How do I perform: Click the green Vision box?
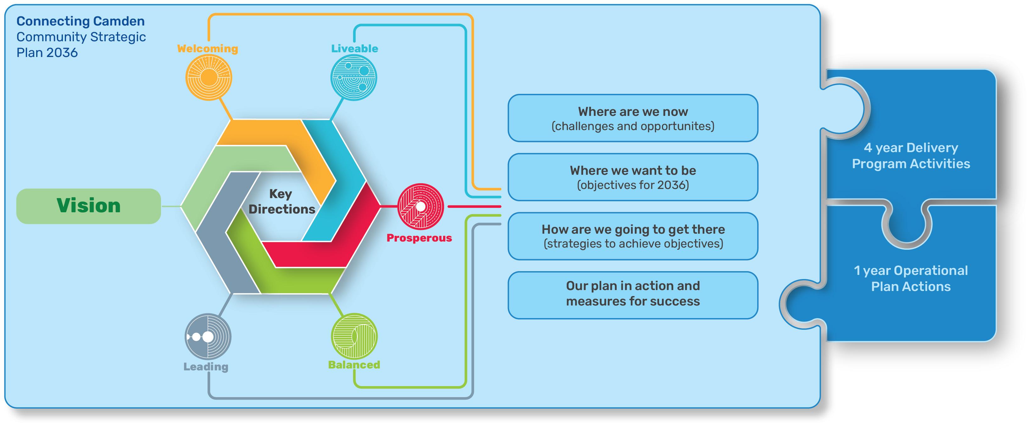point(88,206)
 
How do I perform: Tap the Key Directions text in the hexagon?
point(281,202)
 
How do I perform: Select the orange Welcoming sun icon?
point(208,77)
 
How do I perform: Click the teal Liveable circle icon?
point(354,77)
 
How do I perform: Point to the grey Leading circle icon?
point(208,336)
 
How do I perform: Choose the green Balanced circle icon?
point(354,336)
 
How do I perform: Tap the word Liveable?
point(354,49)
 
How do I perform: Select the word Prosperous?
point(419,238)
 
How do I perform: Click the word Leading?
point(206,367)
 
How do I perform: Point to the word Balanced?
point(354,365)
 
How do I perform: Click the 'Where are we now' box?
point(633,118)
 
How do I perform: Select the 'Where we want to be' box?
point(633,177)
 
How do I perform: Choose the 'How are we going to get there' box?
point(633,236)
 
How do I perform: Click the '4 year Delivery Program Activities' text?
point(911,156)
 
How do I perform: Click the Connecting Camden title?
point(81,21)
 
